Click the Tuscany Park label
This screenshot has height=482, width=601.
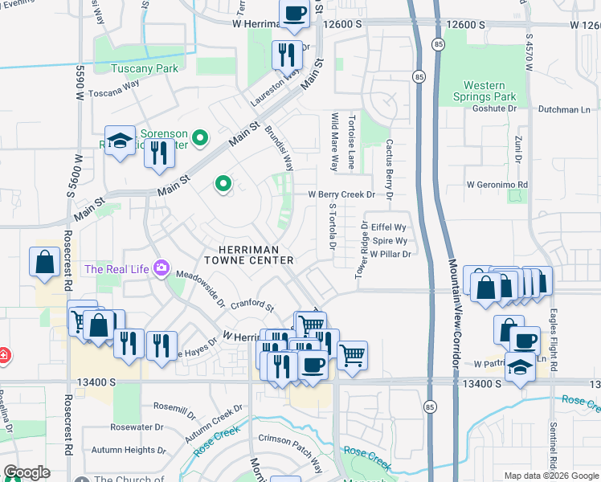tap(144, 69)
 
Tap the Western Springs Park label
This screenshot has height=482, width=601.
tap(495, 91)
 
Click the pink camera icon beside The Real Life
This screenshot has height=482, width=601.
tap(161, 268)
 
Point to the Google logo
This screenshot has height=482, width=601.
tap(27, 472)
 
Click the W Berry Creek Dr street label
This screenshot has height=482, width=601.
tap(341, 194)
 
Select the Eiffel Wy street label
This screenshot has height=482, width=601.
tap(389, 227)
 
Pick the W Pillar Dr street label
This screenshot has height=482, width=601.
tap(390, 254)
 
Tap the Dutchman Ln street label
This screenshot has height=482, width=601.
tap(564, 109)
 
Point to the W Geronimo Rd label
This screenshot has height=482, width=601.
tap(498, 184)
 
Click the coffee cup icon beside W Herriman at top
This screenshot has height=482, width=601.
tap(294, 13)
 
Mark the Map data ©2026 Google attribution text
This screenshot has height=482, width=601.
tap(550, 476)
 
